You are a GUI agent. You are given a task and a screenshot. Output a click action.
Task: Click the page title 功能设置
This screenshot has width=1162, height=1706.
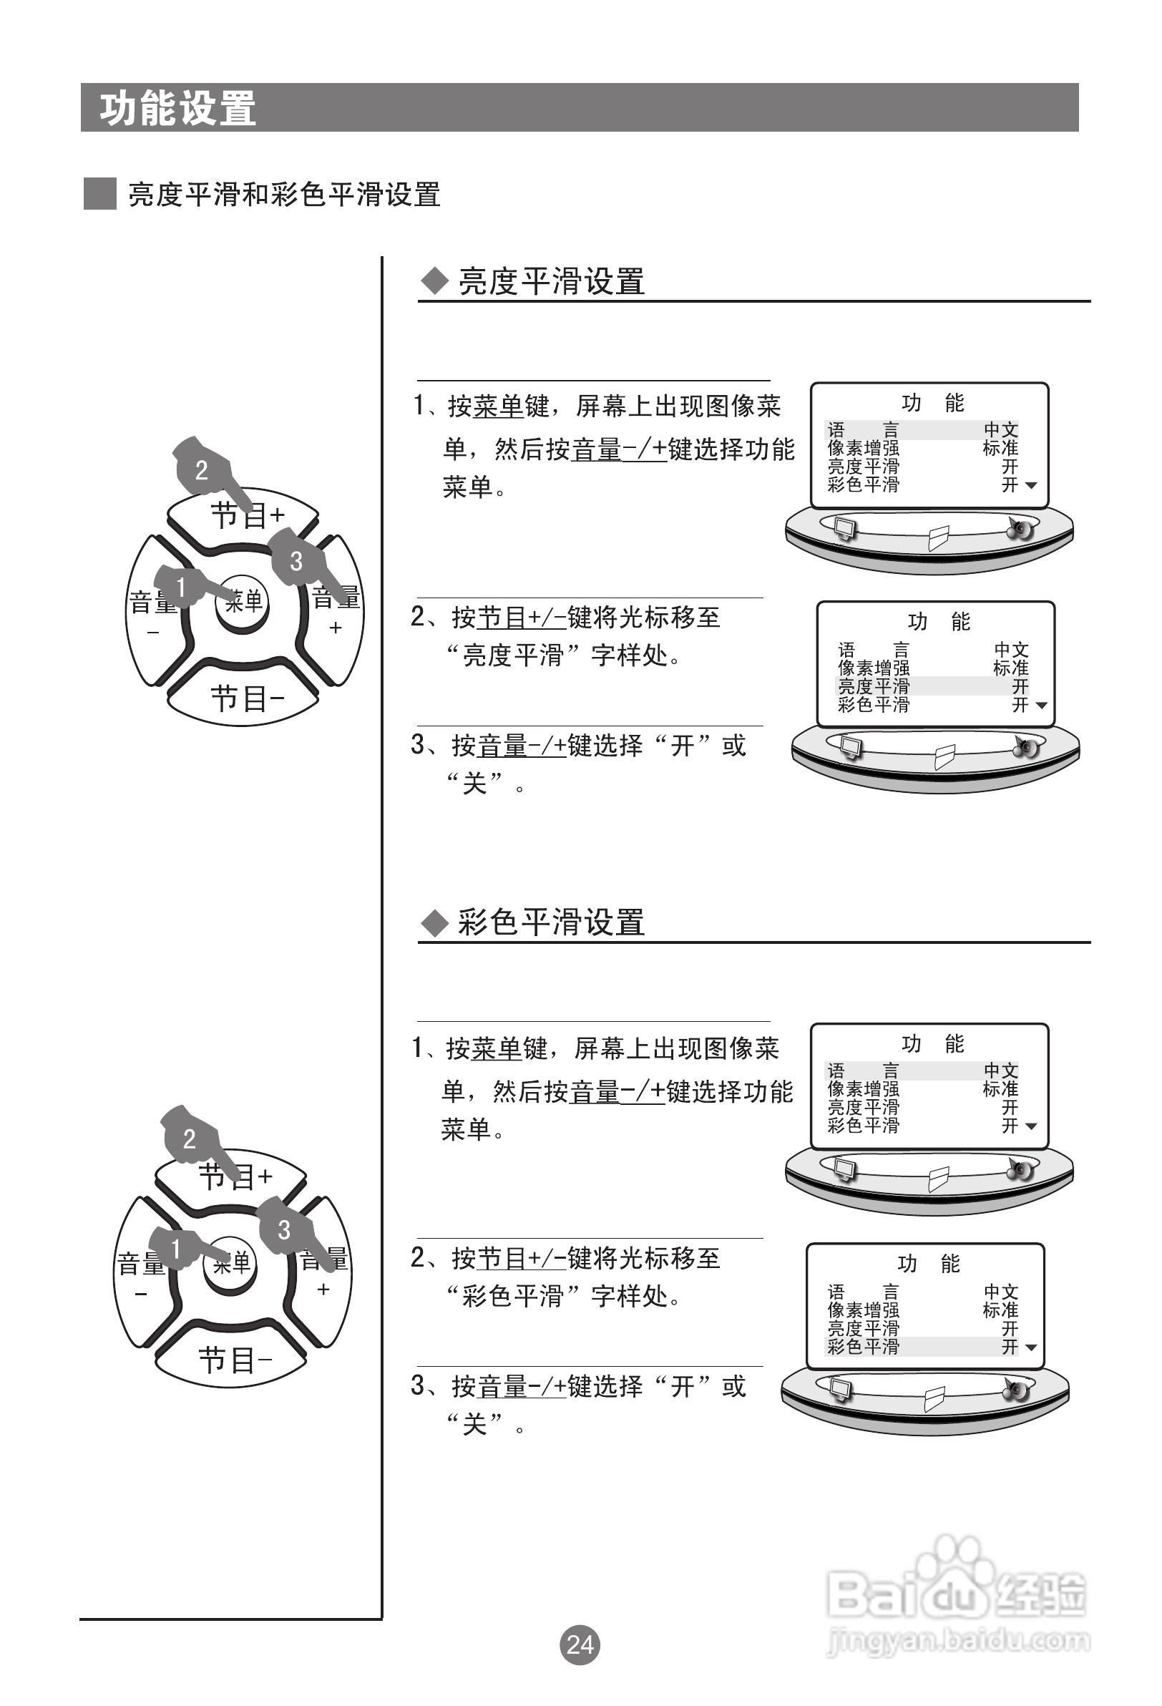[x=177, y=109]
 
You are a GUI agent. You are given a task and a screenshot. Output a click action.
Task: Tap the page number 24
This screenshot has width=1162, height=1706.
[x=580, y=1644]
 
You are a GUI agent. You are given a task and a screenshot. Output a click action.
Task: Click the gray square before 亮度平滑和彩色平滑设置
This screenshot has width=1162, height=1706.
[x=100, y=194]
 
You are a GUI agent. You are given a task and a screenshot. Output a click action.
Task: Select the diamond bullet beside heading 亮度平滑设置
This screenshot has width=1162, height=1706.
[x=434, y=281]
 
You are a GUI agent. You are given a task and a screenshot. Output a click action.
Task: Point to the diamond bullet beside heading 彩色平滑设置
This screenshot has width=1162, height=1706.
[x=434, y=922]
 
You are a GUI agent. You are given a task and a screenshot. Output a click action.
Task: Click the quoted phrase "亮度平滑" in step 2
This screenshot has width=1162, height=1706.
[x=512, y=655]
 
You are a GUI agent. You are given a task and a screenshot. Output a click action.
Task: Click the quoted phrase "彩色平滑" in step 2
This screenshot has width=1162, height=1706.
[x=512, y=1296]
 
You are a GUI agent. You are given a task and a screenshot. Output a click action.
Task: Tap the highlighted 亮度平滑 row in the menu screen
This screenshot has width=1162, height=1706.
[x=932, y=686]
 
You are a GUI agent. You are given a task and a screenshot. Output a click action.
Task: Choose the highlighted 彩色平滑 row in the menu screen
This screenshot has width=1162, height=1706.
[x=922, y=1346]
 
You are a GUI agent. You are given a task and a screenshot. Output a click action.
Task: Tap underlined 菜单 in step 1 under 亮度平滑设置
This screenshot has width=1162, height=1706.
[x=498, y=406]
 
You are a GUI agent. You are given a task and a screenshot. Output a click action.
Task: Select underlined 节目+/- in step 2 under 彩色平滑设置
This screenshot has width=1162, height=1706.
[x=522, y=1258]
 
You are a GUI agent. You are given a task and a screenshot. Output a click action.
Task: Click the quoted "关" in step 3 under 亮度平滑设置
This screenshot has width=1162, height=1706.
[x=475, y=784]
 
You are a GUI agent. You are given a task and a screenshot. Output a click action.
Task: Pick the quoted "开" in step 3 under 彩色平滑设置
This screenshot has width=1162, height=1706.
[x=683, y=1386]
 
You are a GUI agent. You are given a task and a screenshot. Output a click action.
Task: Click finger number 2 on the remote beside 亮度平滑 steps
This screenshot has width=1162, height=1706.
[x=201, y=470]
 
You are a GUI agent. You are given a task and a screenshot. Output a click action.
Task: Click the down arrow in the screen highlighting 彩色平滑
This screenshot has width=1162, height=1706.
[x=1030, y=1347]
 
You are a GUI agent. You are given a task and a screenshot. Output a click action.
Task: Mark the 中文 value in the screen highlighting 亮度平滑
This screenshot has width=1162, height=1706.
[x=1011, y=650]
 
